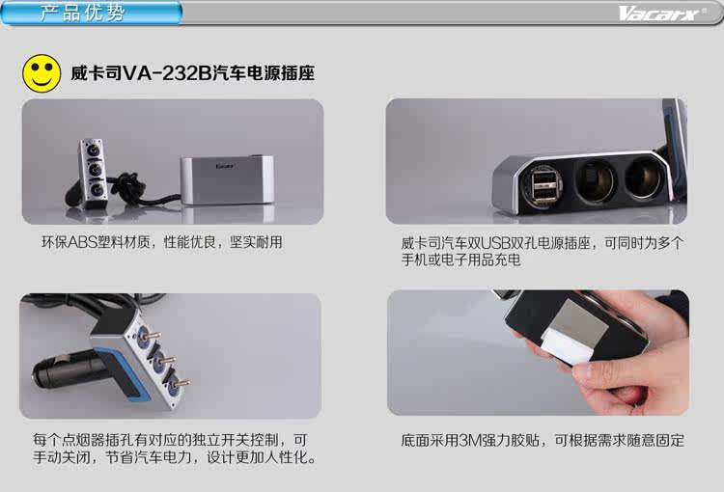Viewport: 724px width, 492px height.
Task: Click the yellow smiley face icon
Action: tap(42, 73)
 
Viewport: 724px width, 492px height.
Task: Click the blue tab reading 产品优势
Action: tap(92, 13)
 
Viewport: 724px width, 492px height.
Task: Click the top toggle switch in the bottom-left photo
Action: tap(147, 336)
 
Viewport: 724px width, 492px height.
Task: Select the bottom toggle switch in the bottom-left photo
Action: tap(178, 385)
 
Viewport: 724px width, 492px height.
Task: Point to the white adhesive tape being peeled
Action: tap(567, 344)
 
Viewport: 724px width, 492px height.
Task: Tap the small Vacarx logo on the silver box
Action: tap(225, 166)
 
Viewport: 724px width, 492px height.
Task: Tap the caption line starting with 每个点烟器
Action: tap(170, 440)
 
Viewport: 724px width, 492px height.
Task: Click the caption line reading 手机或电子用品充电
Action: tap(460, 260)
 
